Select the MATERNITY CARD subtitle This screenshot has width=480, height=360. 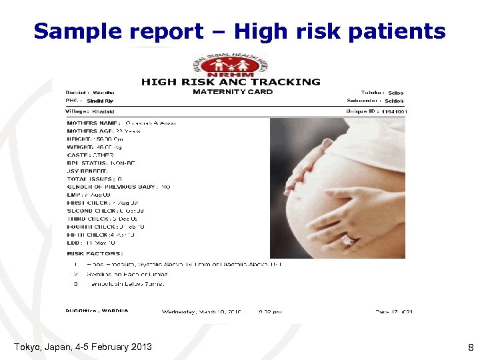click(x=233, y=92)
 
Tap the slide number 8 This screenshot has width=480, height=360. click(x=470, y=347)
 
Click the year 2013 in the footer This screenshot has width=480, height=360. click(x=140, y=347)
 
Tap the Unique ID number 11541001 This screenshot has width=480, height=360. click(x=395, y=111)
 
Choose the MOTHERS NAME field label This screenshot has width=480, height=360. click(x=93, y=123)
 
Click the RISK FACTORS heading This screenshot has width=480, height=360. click(x=95, y=253)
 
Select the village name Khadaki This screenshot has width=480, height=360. click(x=104, y=111)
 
